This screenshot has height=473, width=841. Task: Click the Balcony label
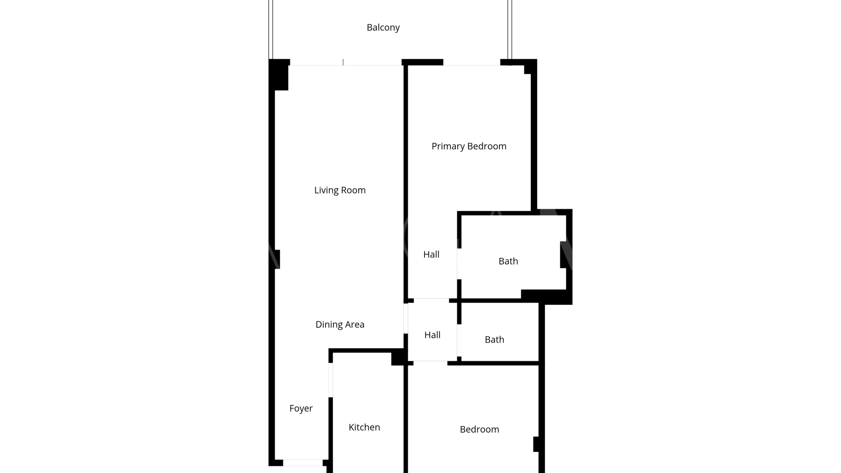click(x=383, y=28)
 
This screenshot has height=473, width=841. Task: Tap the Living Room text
click(x=340, y=190)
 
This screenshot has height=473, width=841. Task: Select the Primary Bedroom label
click(x=469, y=146)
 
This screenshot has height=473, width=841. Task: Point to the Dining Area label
click(x=340, y=325)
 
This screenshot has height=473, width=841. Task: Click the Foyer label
click(x=301, y=409)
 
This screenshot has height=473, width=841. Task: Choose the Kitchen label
click(x=364, y=427)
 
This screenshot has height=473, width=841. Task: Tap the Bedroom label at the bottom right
click(x=479, y=429)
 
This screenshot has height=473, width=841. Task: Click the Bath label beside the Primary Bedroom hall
click(x=508, y=261)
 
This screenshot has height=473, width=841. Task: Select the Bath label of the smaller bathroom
click(x=494, y=339)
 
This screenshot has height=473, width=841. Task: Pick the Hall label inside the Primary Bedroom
click(x=431, y=254)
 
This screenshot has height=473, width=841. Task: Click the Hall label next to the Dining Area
click(x=432, y=335)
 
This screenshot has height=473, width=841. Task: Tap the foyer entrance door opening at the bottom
click(x=303, y=463)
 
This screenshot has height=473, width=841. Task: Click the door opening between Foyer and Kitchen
click(x=331, y=380)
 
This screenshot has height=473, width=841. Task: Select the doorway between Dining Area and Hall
click(x=406, y=318)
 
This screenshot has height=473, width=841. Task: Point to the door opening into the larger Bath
click(x=459, y=264)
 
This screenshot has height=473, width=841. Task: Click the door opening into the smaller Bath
click(x=459, y=340)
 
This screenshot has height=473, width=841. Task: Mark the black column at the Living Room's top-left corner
click(x=279, y=75)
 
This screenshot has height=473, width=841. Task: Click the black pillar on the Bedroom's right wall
click(x=536, y=444)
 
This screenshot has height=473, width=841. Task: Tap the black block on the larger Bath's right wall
click(x=563, y=255)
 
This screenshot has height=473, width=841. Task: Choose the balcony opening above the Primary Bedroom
click(x=472, y=62)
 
